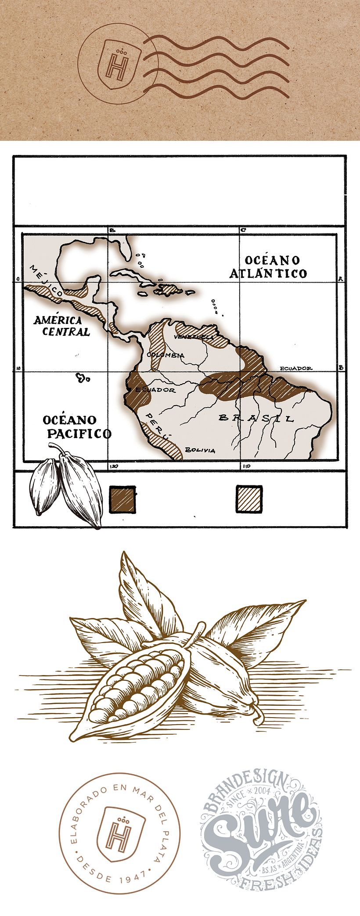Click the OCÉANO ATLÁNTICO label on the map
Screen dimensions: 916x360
(268, 267)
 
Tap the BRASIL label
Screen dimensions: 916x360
(256, 418)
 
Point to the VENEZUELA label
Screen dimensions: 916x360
(194, 337)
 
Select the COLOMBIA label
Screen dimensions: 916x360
(166, 355)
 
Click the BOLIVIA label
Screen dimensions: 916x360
(200, 450)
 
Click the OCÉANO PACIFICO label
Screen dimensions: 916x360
(77, 427)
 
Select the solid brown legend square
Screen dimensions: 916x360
(122, 499)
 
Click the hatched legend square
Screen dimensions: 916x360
(249, 499)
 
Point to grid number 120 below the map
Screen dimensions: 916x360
(115, 466)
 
